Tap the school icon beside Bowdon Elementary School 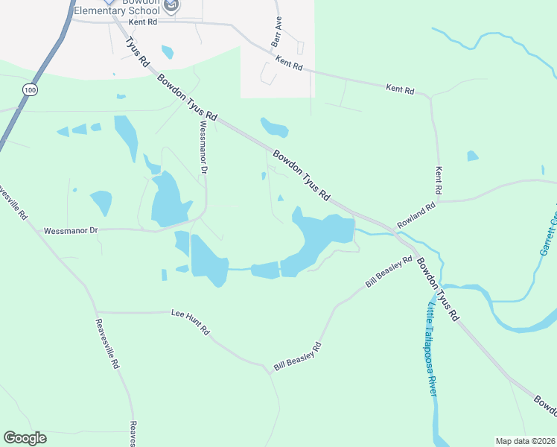172,7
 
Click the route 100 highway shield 29,89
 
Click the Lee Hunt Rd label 190,323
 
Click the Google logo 25,438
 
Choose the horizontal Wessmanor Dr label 71,231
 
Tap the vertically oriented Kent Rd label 439,181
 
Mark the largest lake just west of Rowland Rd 320,238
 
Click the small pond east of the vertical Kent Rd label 472,156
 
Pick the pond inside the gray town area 168,51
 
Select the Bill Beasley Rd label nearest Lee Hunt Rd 297,356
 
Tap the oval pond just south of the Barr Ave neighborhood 274,127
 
